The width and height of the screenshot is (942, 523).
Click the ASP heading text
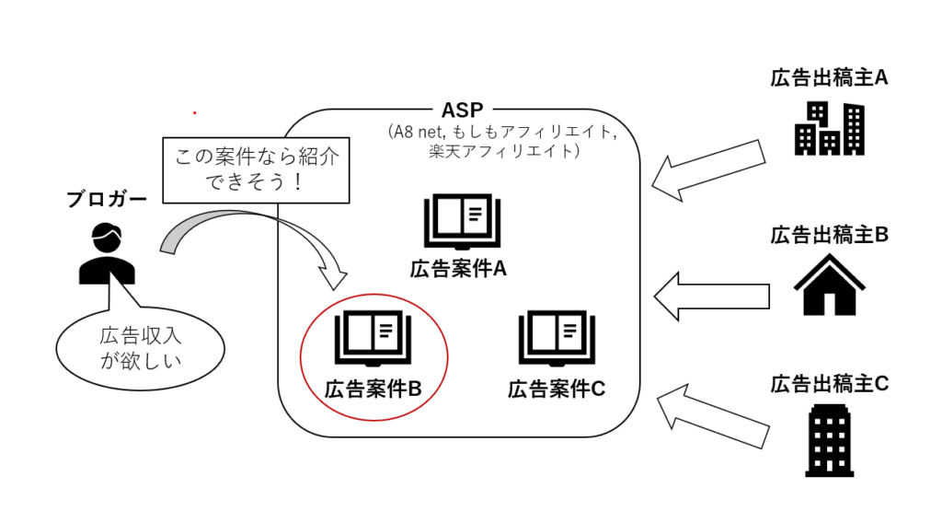[x=464, y=110]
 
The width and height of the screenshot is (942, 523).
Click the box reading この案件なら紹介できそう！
[x=256, y=169]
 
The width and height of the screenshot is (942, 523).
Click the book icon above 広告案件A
[x=459, y=222]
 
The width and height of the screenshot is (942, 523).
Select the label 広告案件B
[x=373, y=389]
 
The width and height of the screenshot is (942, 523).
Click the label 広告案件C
[x=556, y=389]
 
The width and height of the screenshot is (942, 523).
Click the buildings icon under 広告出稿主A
[x=829, y=128]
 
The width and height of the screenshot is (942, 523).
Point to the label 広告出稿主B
[x=829, y=235]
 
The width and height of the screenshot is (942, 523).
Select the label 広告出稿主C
[x=829, y=384]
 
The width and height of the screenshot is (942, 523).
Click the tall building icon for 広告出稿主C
[x=829, y=440]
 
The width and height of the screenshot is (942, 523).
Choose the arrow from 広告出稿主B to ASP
[x=711, y=295]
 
